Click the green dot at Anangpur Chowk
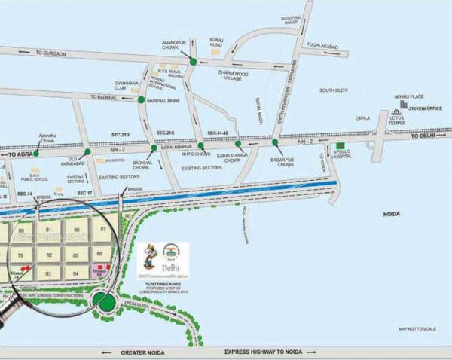click(194, 61)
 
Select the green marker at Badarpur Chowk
click(274, 141)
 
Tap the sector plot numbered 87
click(103, 227)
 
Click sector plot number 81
click(48, 228)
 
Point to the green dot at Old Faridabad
click(88, 151)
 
